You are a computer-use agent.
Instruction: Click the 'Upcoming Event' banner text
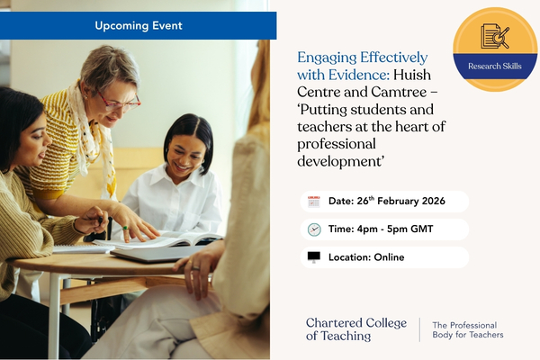coord(138,25)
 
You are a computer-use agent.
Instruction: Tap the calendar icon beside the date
coord(314,202)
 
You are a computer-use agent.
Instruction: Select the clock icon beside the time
coord(314,229)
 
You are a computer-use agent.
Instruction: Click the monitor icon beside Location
coord(314,257)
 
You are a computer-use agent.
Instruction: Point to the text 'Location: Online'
coord(366,257)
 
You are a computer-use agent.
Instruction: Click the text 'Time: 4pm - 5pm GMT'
coord(382,229)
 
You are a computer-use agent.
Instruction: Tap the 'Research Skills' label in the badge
coord(495,65)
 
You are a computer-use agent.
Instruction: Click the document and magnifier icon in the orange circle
coord(495,36)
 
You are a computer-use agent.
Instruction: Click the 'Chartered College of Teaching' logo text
coord(355,329)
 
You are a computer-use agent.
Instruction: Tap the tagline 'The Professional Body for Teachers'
coord(468,330)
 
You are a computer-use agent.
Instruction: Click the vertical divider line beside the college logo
coord(420,329)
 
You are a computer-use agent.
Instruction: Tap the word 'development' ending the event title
coord(338,162)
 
